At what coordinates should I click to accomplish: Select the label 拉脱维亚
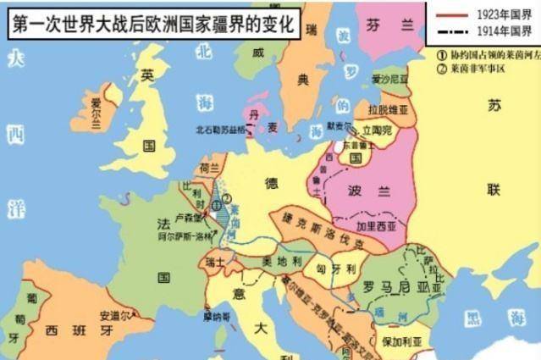[387, 111]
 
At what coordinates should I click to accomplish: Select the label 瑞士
[215, 264]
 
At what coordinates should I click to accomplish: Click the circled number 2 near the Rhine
[226, 200]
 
